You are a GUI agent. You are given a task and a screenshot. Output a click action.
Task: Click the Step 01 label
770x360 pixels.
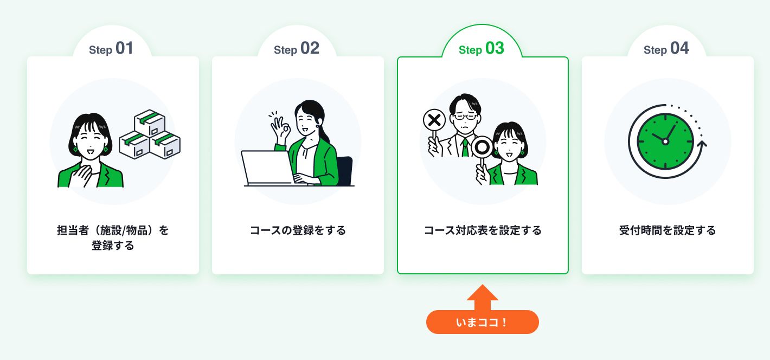tap(111, 48)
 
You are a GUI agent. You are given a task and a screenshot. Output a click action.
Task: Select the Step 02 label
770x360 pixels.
tap(296, 48)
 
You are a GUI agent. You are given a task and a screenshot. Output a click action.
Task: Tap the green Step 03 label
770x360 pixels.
tap(482, 48)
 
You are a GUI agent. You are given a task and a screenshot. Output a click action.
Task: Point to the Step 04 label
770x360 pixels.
tap(666, 48)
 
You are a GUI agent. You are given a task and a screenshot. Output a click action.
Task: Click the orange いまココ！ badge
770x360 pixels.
tap(482, 322)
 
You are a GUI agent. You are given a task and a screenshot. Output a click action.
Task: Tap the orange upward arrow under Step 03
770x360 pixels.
tap(482, 298)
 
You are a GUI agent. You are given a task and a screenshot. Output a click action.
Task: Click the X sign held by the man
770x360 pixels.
tap(434, 120)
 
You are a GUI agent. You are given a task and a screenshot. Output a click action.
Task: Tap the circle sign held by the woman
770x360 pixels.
tap(482, 147)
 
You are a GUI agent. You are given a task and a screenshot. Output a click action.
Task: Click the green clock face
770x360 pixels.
tap(665, 142)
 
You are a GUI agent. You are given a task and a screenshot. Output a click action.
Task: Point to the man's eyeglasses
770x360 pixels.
tap(465, 117)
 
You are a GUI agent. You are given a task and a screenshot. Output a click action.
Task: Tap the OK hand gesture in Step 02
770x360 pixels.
tap(280, 128)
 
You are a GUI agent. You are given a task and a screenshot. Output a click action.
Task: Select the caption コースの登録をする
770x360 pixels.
tap(298, 230)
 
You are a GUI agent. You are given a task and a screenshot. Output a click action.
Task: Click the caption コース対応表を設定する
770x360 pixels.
tap(483, 230)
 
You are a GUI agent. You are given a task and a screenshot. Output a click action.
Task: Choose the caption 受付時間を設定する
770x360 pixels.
tap(667, 230)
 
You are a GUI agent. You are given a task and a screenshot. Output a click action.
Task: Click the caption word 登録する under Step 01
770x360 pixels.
tap(113, 246)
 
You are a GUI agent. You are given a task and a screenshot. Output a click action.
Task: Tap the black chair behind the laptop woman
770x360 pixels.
tap(345, 171)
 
